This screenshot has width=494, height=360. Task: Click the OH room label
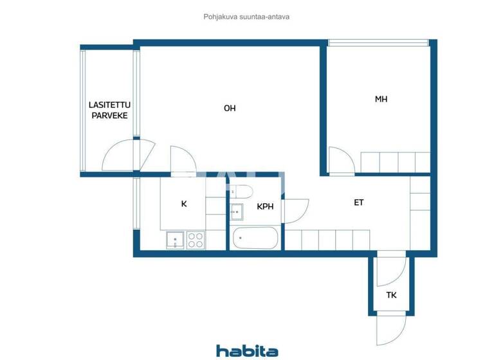[230, 108]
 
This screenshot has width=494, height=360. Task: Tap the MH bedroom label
[381, 99]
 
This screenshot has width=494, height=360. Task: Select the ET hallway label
[359, 203]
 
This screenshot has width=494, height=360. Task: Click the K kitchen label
[184, 204]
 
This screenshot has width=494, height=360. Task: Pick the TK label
[391, 296]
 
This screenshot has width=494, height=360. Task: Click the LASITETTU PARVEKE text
[108, 110]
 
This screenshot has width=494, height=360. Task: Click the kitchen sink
[174, 240]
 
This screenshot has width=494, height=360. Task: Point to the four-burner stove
[196, 240]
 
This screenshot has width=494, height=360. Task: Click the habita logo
[247, 350]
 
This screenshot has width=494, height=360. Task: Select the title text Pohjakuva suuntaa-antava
[247, 17]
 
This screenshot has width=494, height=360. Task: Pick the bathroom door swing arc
[296, 211]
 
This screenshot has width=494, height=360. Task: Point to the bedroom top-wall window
[378, 43]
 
